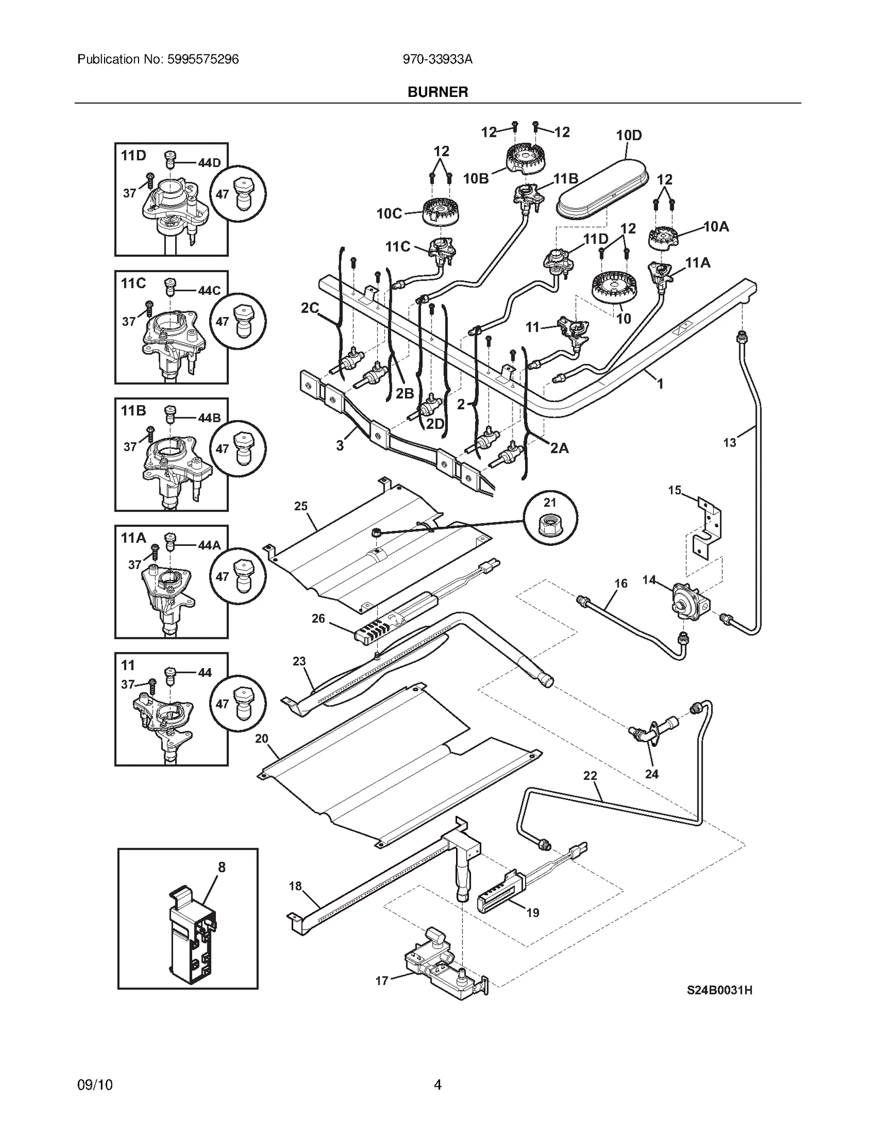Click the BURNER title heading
(x=437, y=92)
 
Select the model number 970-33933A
(x=437, y=59)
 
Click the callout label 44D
(x=209, y=163)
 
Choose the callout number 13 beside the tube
(x=729, y=442)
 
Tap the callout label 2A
(x=559, y=448)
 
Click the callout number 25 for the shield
(x=301, y=506)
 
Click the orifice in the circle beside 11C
(x=239, y=321)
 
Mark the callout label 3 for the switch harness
(x=340, y=445)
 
